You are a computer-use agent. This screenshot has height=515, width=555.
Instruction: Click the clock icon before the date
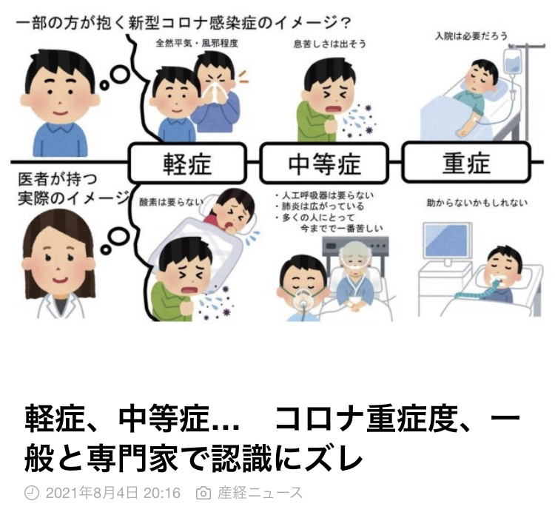click(31, 493)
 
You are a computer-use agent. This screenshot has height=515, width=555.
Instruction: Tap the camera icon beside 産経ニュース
click(203, 493)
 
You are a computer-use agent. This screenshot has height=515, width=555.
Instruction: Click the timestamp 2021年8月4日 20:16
click(112, 493)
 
